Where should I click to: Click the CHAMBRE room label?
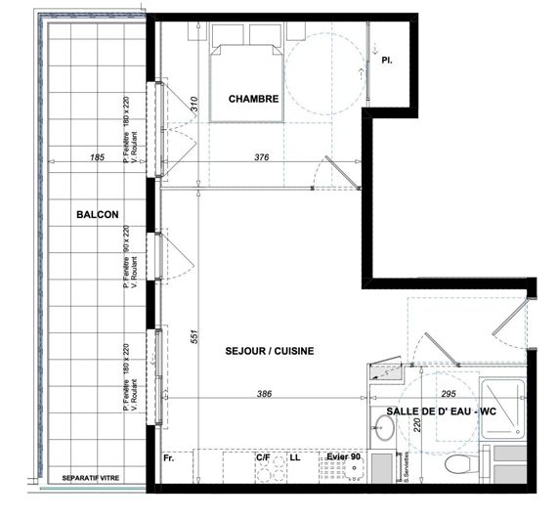coord(254,99)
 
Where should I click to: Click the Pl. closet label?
coord(387,61)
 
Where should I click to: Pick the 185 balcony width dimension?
coord(96,157)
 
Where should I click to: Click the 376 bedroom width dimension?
coord(263,157)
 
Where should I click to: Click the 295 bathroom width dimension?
coord(449,394)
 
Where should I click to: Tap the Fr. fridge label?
coord(168,457)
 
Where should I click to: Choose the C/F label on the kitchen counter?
coord(263,457)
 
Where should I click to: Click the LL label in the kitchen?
coord(295,457)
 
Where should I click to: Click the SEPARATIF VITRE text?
coord(90,480)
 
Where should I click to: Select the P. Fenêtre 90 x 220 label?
coord(127,251)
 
